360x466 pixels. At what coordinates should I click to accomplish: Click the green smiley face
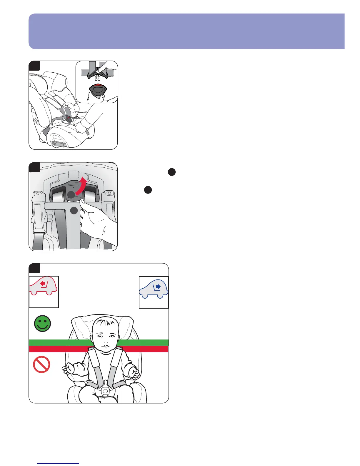click(x=43, y=324)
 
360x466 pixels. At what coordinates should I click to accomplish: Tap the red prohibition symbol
click(x=41, y=365)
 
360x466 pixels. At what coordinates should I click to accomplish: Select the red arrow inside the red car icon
click(x=44, y=284)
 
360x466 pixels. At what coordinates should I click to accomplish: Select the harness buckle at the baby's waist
click(x=105, y=392)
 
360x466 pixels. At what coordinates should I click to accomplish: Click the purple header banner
click(x=186, y=31)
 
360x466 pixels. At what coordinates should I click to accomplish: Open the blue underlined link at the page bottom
click(x=59, y=463)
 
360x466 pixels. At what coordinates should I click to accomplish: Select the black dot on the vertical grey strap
click(x=74, y=210)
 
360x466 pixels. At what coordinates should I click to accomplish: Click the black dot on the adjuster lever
click(x=71, y=194)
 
